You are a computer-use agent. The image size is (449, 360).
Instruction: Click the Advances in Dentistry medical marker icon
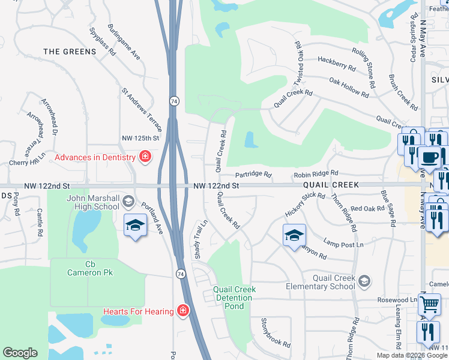coord(145,158)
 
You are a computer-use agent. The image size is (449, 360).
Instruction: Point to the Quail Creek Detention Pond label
coord(235,298)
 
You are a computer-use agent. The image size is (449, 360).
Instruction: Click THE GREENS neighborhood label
coord(70,52)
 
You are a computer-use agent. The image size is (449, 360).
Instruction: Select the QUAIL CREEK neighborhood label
coord(331,185)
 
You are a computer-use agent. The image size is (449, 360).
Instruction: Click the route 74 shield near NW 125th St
coord(173,101)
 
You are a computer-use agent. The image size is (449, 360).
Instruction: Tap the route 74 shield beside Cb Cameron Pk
coord(180,274)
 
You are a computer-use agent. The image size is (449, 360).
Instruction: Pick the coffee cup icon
coord(429,157)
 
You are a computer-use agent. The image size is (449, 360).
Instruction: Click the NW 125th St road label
coord(140,138)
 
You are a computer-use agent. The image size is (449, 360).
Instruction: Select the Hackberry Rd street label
coord(333,60)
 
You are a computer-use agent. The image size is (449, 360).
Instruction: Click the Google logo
coord(20,353)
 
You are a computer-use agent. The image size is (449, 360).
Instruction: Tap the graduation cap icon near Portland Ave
coord(135,226)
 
